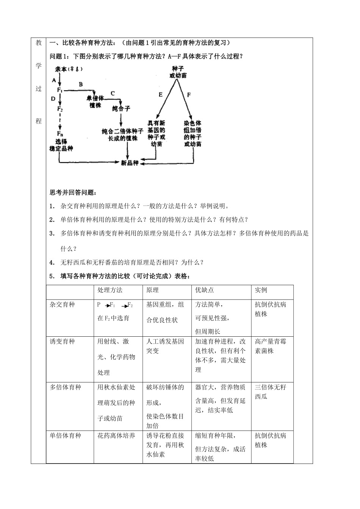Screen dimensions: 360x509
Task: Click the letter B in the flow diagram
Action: click(80, 84)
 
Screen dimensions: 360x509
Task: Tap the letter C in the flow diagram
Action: click(113, 93)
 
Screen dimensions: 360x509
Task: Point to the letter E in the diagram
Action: click(161, 95)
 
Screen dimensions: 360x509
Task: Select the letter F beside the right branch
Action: click(189, 95)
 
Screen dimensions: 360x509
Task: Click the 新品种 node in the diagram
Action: click(130, 163)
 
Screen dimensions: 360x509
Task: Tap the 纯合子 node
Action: click(121, 109)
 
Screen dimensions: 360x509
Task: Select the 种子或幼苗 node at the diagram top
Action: click(178, 72)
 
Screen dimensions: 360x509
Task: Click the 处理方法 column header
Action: click(110, 290)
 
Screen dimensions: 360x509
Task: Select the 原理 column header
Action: click(153, 290)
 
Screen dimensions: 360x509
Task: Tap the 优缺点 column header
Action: click(205, 290)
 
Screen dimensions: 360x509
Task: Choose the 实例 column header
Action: click(261, 290)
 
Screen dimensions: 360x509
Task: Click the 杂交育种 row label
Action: click(63, 304)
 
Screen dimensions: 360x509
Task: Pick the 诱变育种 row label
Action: click(63, 341)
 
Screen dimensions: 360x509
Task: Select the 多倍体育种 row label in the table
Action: click(66, 387)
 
